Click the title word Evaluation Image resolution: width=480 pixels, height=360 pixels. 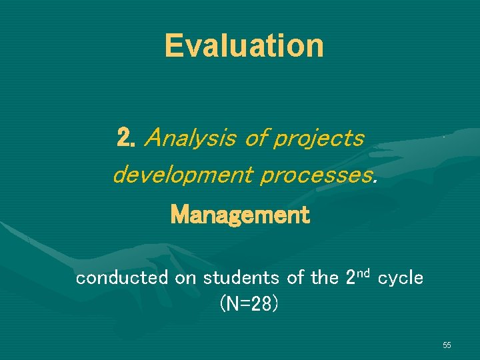[x=244, y=45]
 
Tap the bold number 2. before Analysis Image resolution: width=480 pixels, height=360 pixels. [x=126, y=138]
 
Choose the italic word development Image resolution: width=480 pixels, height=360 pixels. [x=182, y=176]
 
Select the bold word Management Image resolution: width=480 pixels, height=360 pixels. [x=240, y=215]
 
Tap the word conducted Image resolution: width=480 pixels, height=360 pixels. [x=122, y=277]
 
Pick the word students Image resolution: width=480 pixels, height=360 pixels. [x=239, y=277]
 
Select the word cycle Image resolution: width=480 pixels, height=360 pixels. [x=401, y=278]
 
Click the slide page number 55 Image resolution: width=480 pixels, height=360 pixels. [x=447, y=345]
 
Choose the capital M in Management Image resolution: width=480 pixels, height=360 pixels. [x=179, y=215]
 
